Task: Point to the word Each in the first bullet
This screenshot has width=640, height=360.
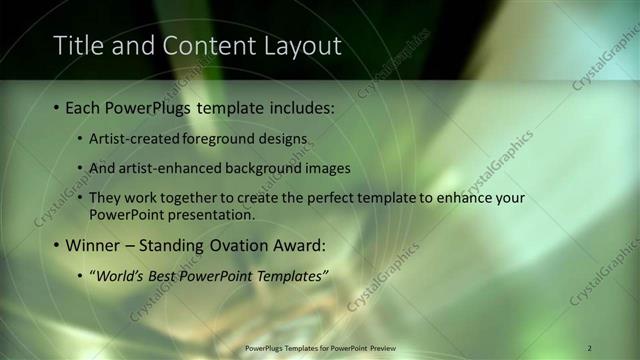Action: coord(82,106)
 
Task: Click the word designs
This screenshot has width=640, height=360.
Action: coord(285,137)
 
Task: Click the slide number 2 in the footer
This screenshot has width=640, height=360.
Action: coord(589,347)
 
